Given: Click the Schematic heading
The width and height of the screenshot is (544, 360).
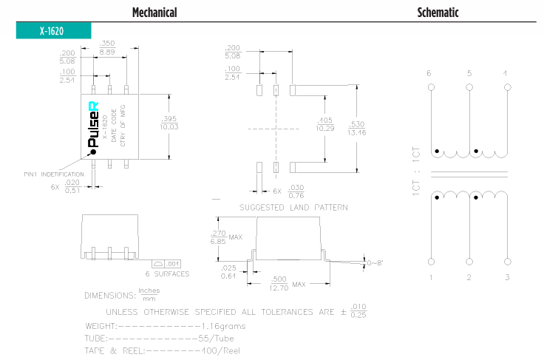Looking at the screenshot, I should (x=438, y=13).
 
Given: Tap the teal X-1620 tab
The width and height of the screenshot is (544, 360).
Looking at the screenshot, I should (x=52, y=31).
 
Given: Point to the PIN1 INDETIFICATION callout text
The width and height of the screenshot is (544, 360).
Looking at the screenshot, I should (x=53, y=174).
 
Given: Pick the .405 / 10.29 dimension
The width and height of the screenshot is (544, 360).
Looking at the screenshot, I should (x=324, y=124).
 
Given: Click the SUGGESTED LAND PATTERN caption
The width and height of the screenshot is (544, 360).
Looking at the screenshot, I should (x=293, y=208).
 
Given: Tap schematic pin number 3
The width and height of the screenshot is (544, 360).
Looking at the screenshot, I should (x=506, y=277).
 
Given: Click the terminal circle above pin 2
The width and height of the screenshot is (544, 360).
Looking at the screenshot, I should (x=469, y=262).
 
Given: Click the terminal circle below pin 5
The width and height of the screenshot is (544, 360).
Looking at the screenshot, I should (x=469, y=88).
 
